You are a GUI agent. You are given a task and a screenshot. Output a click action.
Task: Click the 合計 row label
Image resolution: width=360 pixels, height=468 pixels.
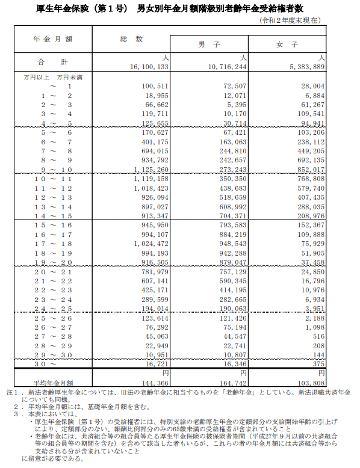(x=53, y=62)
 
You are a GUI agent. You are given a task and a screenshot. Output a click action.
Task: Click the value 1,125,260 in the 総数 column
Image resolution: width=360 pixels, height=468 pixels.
(x=151, y=170)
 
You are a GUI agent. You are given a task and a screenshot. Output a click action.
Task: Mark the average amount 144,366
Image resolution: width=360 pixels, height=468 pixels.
(x=154, y=382)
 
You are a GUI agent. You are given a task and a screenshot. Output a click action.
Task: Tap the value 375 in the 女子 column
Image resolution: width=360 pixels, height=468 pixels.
(x=318, y=365)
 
